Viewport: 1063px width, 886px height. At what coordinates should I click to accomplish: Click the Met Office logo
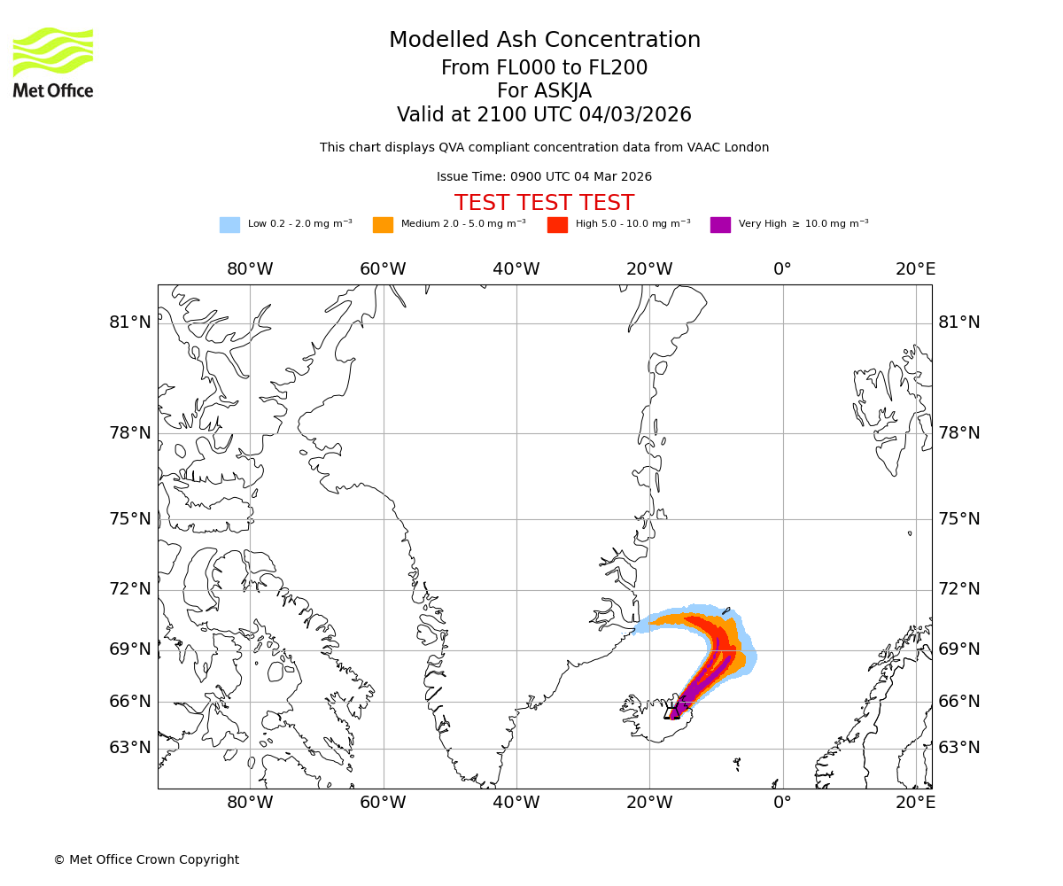pos(53,62)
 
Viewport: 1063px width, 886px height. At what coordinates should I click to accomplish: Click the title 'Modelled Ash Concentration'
pos(545,41)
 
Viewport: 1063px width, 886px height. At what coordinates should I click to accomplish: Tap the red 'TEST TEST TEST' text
pos(544,203)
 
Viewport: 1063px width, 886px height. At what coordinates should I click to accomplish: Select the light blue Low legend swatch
pos(229,225)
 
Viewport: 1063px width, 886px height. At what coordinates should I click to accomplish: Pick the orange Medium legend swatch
pos(383,225)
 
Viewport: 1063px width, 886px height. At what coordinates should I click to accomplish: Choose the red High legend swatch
pos(557,225)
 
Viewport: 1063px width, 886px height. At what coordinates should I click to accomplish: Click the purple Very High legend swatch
pos(720,225)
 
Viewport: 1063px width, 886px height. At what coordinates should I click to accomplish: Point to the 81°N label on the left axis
pos(130,323)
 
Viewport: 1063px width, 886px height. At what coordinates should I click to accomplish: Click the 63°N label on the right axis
pos(959,748)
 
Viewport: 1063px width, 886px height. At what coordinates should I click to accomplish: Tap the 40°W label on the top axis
pos(516,269)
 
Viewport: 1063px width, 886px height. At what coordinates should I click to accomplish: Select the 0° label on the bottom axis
pos(782,803)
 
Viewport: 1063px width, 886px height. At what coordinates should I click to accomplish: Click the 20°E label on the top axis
pos(915,269)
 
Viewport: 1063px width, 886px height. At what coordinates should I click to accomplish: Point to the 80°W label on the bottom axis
pos(250,803)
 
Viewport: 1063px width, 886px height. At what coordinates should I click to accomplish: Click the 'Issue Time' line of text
pos(544,177)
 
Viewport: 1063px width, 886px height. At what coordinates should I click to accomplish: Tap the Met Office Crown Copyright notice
pos(146,860)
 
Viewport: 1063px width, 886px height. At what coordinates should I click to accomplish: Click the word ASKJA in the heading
pos(563,91)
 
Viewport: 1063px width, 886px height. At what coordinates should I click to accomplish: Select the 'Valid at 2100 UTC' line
pos(544,115)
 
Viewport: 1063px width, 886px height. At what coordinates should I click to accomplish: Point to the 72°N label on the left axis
pos(130,589)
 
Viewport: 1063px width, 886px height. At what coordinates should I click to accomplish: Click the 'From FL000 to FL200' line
pos(544,68)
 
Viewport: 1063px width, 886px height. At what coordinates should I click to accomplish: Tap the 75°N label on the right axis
pos(959,519)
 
